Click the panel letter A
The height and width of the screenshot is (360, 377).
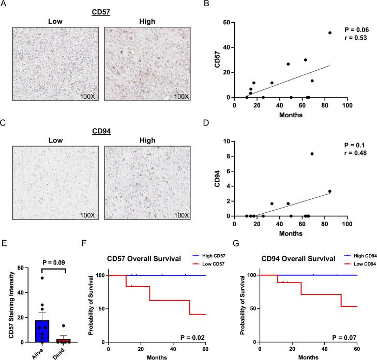click(5, 5)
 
